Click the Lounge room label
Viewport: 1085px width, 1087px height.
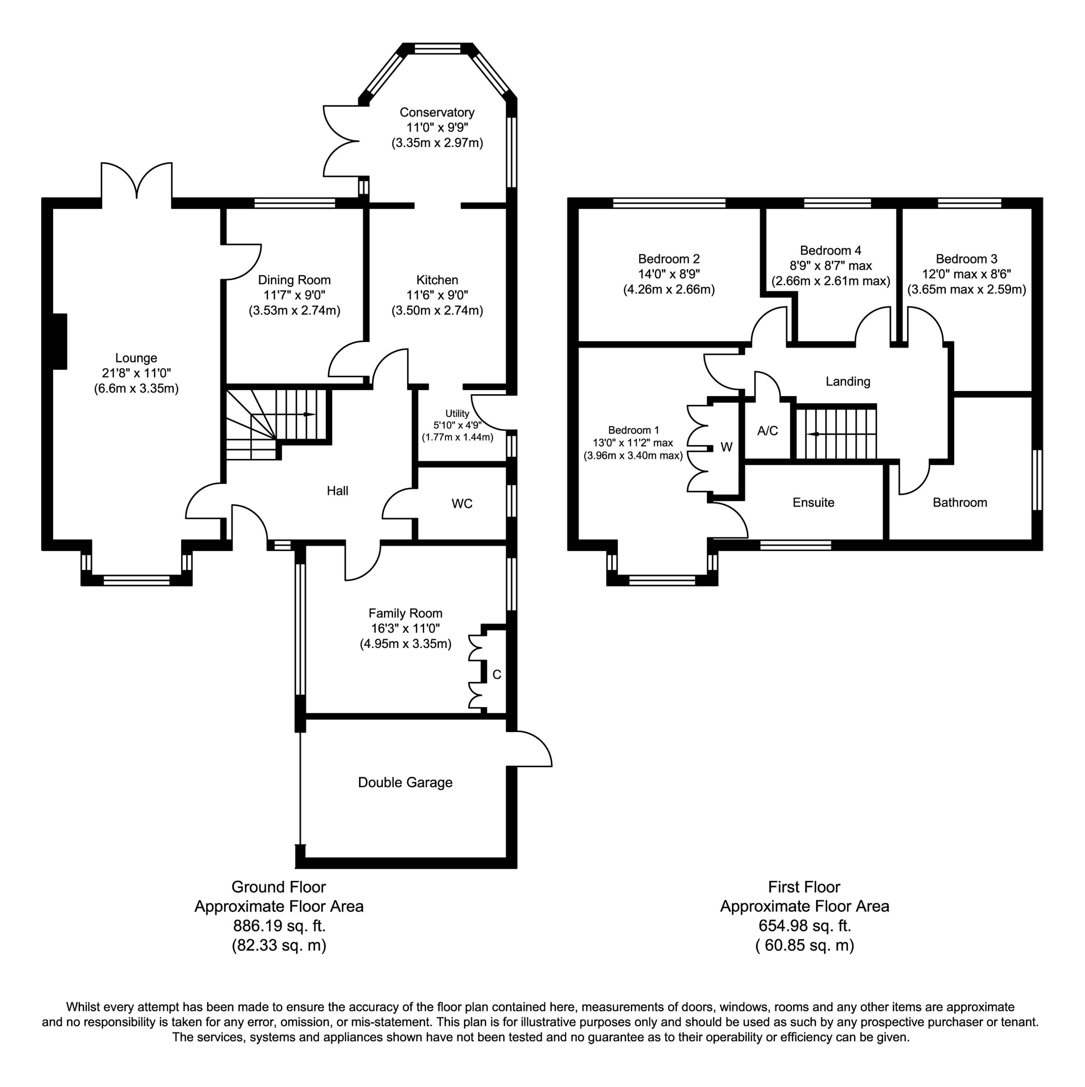136,358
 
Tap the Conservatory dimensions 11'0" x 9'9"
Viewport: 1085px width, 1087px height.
437,128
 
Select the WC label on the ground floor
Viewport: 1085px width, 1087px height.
462,504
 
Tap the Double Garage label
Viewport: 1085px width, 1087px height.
405,783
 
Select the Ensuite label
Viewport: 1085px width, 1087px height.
813,502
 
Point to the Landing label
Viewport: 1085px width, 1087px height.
848,382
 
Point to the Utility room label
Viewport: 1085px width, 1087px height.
457,413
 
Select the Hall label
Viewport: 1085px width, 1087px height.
337,491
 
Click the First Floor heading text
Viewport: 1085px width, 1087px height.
804,887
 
